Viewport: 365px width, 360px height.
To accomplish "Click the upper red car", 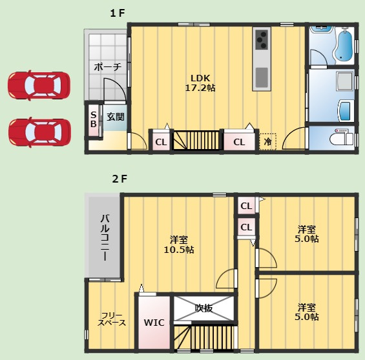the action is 39,85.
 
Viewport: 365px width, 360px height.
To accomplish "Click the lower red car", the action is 39,132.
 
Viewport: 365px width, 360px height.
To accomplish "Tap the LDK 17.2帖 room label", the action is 200,83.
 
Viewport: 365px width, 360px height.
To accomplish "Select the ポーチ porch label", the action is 108,67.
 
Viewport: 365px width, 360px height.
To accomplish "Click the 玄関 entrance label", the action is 116,117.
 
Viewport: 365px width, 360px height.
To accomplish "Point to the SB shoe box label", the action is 93,119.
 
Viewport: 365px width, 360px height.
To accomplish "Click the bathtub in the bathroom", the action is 343,46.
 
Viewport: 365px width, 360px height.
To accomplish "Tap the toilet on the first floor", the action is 342,137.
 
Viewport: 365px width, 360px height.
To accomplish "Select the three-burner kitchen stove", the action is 262,40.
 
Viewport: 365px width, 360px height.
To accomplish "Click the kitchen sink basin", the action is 262,77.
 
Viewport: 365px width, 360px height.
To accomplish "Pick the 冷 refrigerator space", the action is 267,141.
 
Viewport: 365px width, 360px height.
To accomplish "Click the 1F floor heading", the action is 118,14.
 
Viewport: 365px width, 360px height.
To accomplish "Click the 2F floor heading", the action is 120,179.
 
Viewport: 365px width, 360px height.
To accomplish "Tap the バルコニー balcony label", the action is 105,237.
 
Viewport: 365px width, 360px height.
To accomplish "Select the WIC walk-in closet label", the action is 154,323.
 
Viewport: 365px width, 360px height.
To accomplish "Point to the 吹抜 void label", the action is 203,308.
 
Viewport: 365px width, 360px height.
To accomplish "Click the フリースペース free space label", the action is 112,319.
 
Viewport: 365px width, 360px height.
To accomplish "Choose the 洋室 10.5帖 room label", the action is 179,245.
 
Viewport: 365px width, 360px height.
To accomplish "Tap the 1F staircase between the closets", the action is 196,140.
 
